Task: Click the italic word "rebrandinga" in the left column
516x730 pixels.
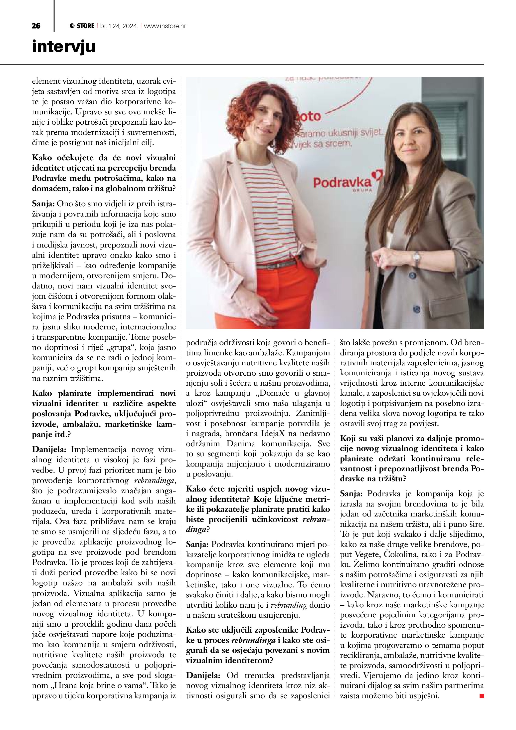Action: point(155,481)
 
